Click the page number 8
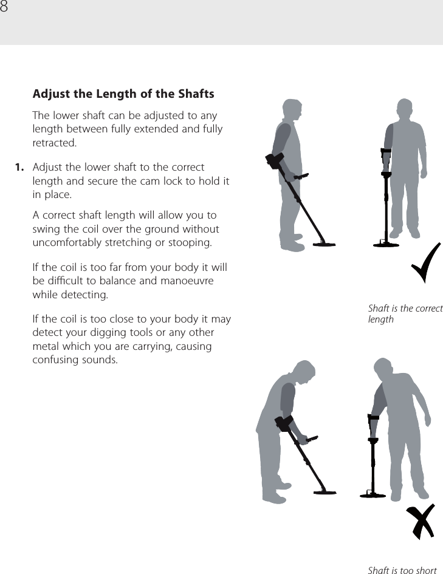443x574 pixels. pos(5,7)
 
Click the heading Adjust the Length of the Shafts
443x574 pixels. pos(123,94)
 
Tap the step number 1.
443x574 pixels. pos(20,167)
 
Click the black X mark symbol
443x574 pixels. pos(421,522)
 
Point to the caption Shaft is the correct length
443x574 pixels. pos(405,313)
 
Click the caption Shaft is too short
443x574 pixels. pos(402,570)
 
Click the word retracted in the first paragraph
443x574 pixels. pos(54,143)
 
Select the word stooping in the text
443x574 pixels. pos(190,244)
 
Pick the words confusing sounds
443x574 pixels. pos(75,360)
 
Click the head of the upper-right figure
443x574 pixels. pos(405,110)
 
